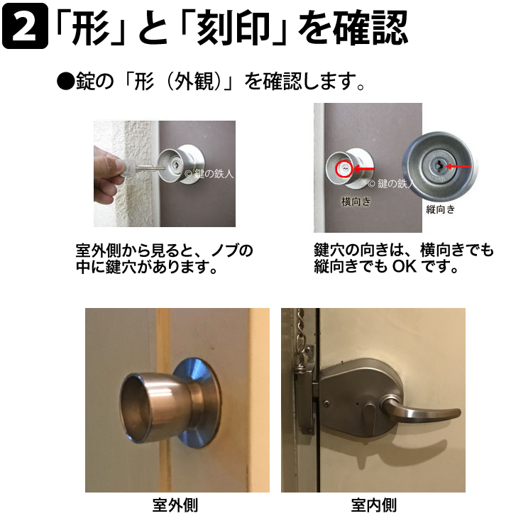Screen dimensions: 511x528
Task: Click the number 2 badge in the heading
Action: pos(25,26)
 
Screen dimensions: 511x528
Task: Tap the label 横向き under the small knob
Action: pos(356,202)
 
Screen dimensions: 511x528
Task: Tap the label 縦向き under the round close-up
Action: pos(440,209)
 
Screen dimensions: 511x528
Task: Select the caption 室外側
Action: pos(175,505)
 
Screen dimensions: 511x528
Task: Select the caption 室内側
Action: pos(373,505)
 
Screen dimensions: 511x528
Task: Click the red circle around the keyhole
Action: pos(344,168)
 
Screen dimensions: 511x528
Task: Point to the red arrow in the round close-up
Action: pos(458,166)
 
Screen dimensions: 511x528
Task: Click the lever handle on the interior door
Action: pos(421,409)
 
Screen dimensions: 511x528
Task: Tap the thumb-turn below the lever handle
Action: pos(370,417)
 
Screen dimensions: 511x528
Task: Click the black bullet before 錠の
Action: pos(65,82)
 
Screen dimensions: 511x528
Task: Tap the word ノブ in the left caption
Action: pos(225,251)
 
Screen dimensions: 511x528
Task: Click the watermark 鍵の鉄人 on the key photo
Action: pos(214,174)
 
